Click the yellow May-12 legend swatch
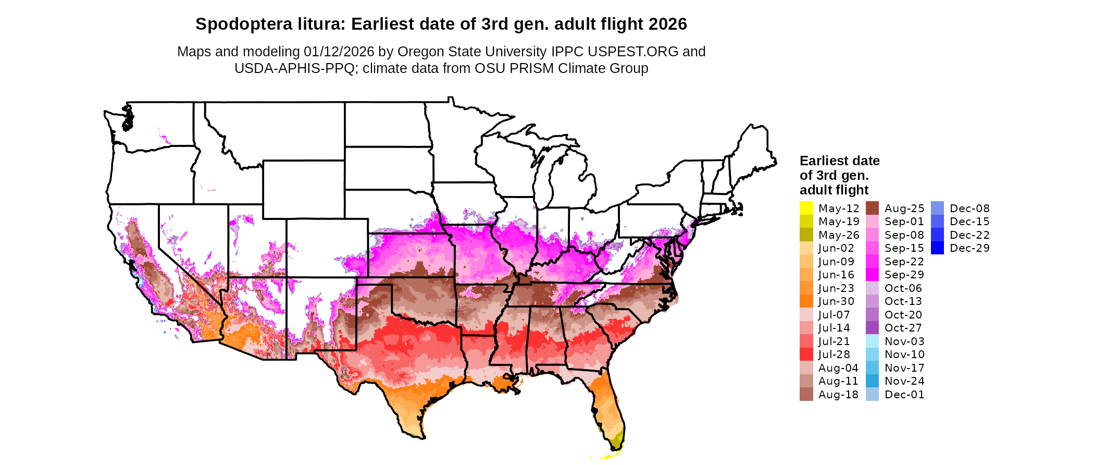[806, 208]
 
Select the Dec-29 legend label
[969, 248]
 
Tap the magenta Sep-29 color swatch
[872, 275]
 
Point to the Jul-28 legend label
[834, 354]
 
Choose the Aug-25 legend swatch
[872, 208]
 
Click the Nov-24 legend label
[904, 381]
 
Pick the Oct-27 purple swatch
[872, 328]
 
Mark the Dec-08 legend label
[969, 209]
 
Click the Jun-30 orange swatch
[806, 301]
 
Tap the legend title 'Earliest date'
[839, 161]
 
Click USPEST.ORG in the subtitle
[633, 52]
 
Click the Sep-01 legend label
[904, 222]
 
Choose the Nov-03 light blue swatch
[872, 341]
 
